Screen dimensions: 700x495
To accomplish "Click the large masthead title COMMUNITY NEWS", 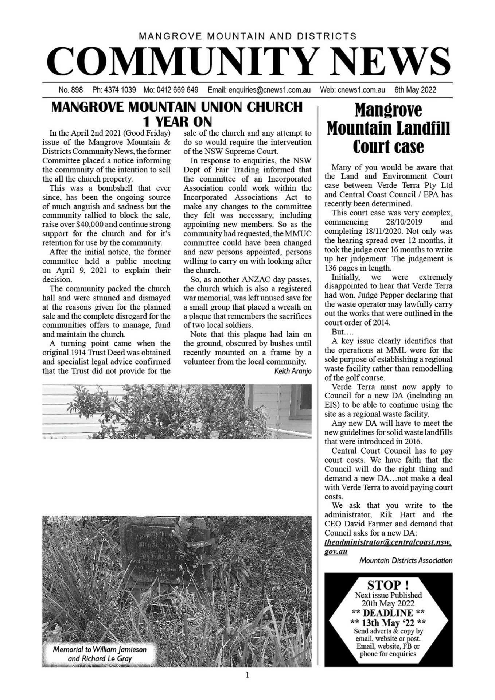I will click(x=248, y=61).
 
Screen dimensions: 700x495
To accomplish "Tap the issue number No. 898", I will click(x=70, y=90).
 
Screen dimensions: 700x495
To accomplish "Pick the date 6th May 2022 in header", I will click(x=415, y=90).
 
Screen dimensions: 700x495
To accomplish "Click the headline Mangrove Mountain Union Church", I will click(x=177, y=107).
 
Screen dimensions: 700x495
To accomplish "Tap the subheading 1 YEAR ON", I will click(x=177, y=121).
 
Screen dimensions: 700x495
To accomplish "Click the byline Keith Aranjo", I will click(x=293, y=371).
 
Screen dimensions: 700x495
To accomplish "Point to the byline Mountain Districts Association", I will click(x=406, y=560).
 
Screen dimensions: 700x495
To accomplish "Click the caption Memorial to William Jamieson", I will click(x=100, y=649).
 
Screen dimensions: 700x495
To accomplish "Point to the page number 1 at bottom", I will click(x=247, y=676).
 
